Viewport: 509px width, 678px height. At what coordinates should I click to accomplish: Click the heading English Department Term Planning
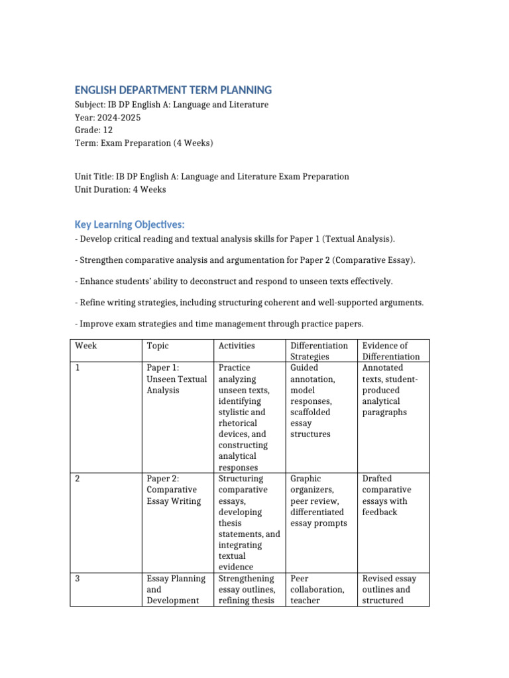click(173, 90)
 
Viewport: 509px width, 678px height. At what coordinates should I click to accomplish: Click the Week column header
click(86, 346)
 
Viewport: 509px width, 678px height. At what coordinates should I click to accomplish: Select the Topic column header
click(158, 346)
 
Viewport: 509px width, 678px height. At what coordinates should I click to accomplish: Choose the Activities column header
click(237, 346)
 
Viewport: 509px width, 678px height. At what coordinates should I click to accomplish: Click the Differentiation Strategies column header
click(319, 351)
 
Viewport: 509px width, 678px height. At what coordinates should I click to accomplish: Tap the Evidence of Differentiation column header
click(391, 351)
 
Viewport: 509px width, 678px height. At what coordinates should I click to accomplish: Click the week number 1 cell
click(78, 367)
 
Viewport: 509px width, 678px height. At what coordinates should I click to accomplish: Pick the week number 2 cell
click(78, 479)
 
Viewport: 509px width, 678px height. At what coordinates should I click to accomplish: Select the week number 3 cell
click(78, 579)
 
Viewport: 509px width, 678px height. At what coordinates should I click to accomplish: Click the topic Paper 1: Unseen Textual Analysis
click(176, 379)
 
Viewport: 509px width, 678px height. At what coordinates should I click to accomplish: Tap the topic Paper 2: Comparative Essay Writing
click(174, 490)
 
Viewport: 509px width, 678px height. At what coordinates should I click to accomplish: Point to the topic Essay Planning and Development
click(173, 589)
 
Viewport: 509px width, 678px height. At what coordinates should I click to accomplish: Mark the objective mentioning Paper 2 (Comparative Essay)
click(245, 260)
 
